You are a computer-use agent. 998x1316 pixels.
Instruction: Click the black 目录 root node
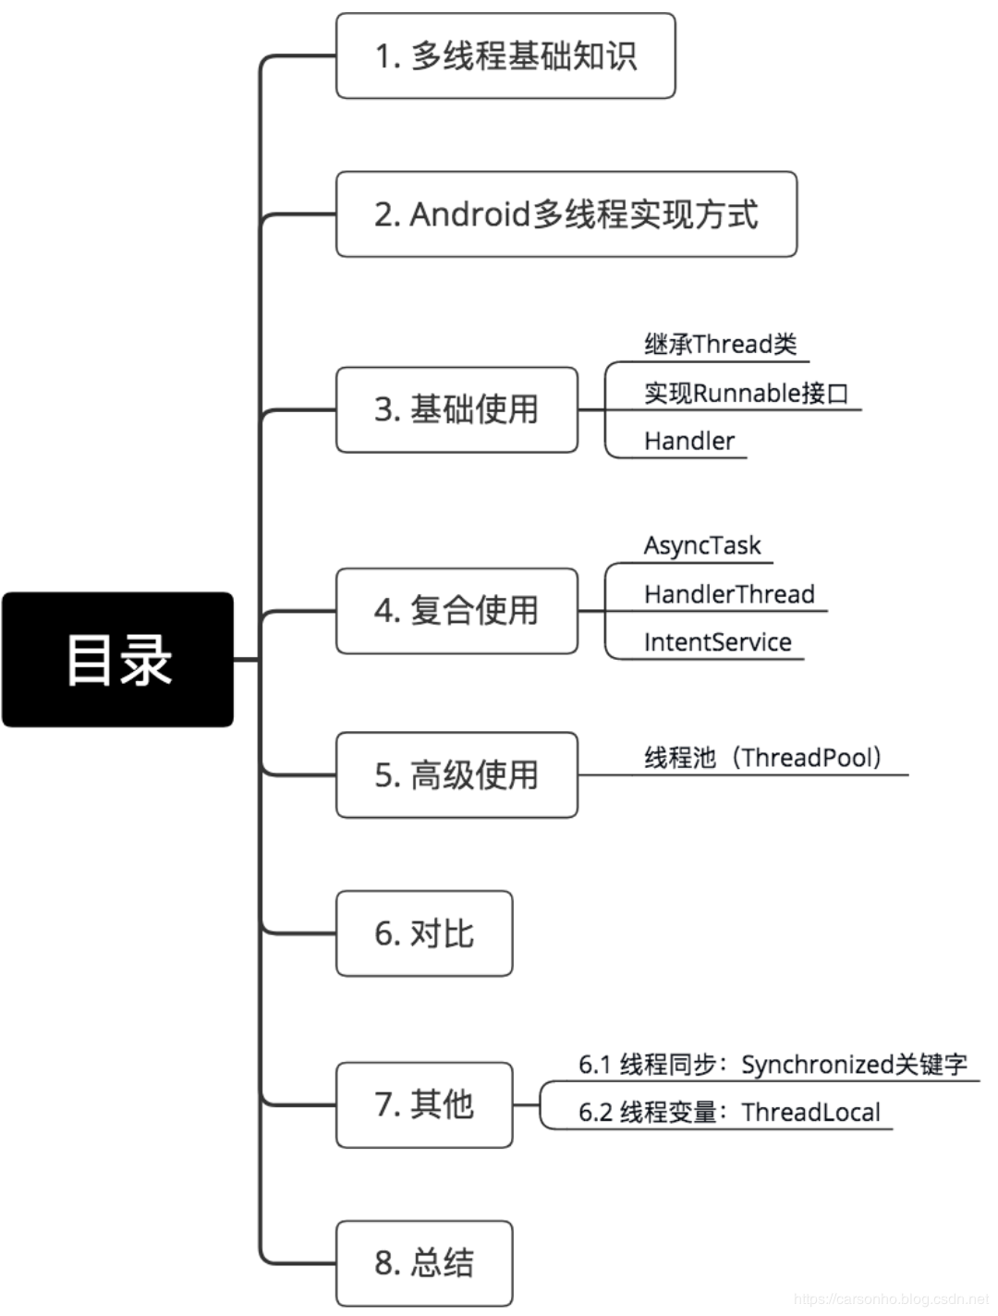click(117, 660)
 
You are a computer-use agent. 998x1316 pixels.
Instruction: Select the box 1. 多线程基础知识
click(505, 56)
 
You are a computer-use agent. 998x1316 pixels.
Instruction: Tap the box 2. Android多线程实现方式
click(566, 214)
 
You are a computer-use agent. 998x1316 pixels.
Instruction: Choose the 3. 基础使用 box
click(456, 409)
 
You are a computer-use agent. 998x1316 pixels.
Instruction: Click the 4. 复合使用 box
click(456, 611)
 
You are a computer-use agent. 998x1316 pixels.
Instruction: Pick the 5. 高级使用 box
click(456, 775)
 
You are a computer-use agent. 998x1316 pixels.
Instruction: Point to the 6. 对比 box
click(424, 933)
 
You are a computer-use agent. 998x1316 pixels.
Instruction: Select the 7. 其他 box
click(424, 1104)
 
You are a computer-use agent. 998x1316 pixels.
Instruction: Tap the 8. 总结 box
click(424, 1263)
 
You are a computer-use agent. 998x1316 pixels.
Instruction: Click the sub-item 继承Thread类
click(720, 345)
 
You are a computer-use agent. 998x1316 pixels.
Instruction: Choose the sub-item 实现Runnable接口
click(746, 393)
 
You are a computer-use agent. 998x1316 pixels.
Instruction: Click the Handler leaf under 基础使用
click(689, 442)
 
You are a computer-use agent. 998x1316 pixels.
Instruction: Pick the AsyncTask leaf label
click(702, 545)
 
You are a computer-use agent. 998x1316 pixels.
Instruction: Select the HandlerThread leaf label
click(729, 594)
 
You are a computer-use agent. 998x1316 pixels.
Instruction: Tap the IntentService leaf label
click(717, 642)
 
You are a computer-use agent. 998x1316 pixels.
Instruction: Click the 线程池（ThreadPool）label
click(763, 758)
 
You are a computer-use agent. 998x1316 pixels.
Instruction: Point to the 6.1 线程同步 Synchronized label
click(773, 1065)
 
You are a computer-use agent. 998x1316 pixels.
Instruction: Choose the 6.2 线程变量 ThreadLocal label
click(729, 1113)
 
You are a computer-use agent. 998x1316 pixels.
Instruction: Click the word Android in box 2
click(470, 214)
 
